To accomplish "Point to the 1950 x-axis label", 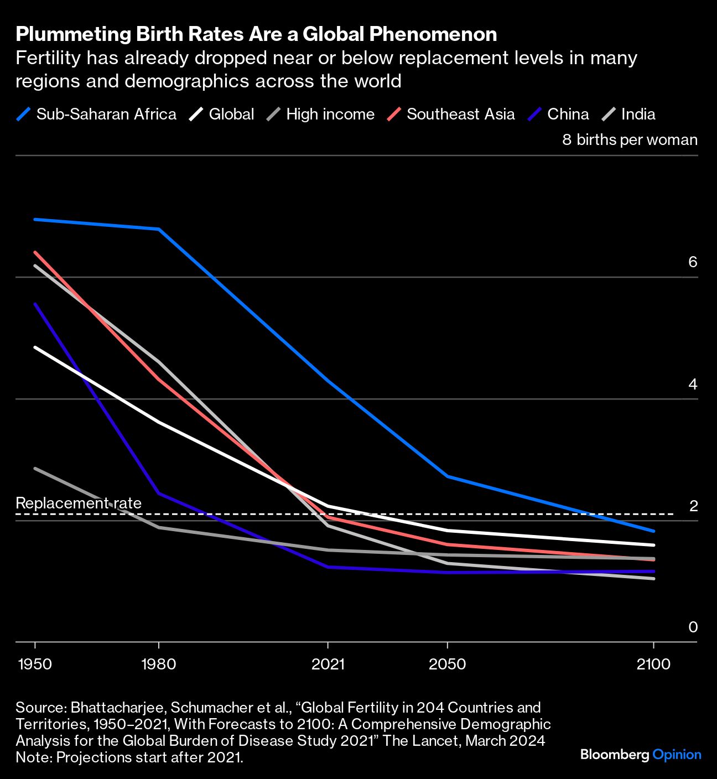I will tap(35, 664).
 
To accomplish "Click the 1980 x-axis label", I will tap(159, 664).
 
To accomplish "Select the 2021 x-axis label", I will tap(328, 664).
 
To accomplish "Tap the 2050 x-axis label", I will tap(447, 664).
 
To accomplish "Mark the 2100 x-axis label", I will tap(653, 664).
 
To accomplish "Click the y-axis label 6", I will tap(693, 262).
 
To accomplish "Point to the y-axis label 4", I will tap(693, 384).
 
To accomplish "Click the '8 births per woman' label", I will tap(630, 140).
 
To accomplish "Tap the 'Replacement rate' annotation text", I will tap(79, 503).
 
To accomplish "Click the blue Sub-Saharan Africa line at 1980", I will tap(159, 229).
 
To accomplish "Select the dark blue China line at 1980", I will tap(159, 493).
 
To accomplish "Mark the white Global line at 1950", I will tap(35, 347).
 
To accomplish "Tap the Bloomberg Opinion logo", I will tap(641, 755).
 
